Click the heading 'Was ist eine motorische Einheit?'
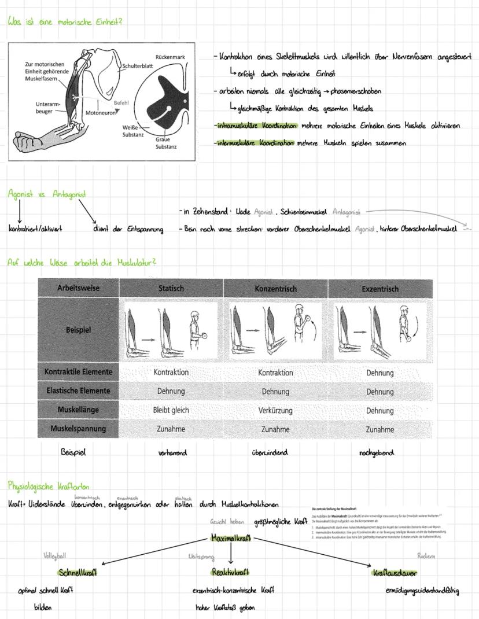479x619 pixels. [65, 21]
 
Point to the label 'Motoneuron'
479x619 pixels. [101, 113]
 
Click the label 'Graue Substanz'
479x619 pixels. [165, 143]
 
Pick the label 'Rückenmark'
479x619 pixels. [170, 57]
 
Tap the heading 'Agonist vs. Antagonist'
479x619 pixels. [43, 194]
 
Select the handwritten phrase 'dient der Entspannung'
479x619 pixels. [128, 229]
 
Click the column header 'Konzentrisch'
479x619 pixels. [275, 288]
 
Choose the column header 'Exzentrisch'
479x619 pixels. [380, 288]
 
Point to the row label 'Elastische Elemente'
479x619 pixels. [78, 390]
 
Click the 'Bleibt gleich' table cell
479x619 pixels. [171, 410]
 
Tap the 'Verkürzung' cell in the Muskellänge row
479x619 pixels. [275, 410]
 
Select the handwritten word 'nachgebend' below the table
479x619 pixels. [376, 453]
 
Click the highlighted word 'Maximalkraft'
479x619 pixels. [231, 537]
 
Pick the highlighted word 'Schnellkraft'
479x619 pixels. [78, 572]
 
